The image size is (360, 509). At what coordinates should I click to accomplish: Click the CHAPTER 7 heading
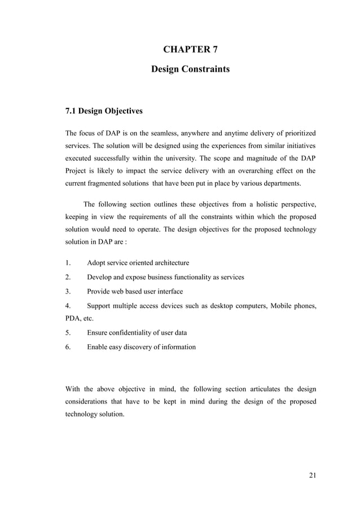point(190,50)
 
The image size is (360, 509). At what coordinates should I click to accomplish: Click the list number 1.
point(68,263)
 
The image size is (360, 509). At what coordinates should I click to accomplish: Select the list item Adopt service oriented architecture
point(138,263)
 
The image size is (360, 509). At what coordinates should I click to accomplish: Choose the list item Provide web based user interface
point(135,292)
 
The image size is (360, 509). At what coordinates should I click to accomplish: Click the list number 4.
point(68,306)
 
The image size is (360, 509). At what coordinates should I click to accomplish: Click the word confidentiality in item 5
point(134,333)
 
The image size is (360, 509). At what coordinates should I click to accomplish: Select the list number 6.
point(68,347)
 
